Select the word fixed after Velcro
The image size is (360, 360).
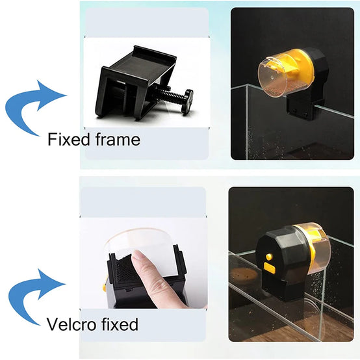[120, 324]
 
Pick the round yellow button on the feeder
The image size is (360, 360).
[268, 257]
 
